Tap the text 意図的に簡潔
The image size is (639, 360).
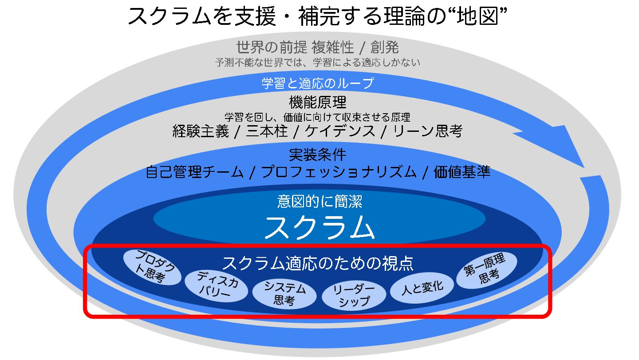coord(319,202)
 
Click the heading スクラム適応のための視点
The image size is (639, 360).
coord(318,263)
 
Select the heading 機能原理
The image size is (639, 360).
coord(318,103)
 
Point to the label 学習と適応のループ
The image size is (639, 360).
coord(318,83)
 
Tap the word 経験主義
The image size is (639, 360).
coord(201,131)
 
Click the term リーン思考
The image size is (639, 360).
coord(428,131)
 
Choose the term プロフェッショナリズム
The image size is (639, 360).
coord(339,172)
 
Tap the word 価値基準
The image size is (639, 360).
coord(462,172)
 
